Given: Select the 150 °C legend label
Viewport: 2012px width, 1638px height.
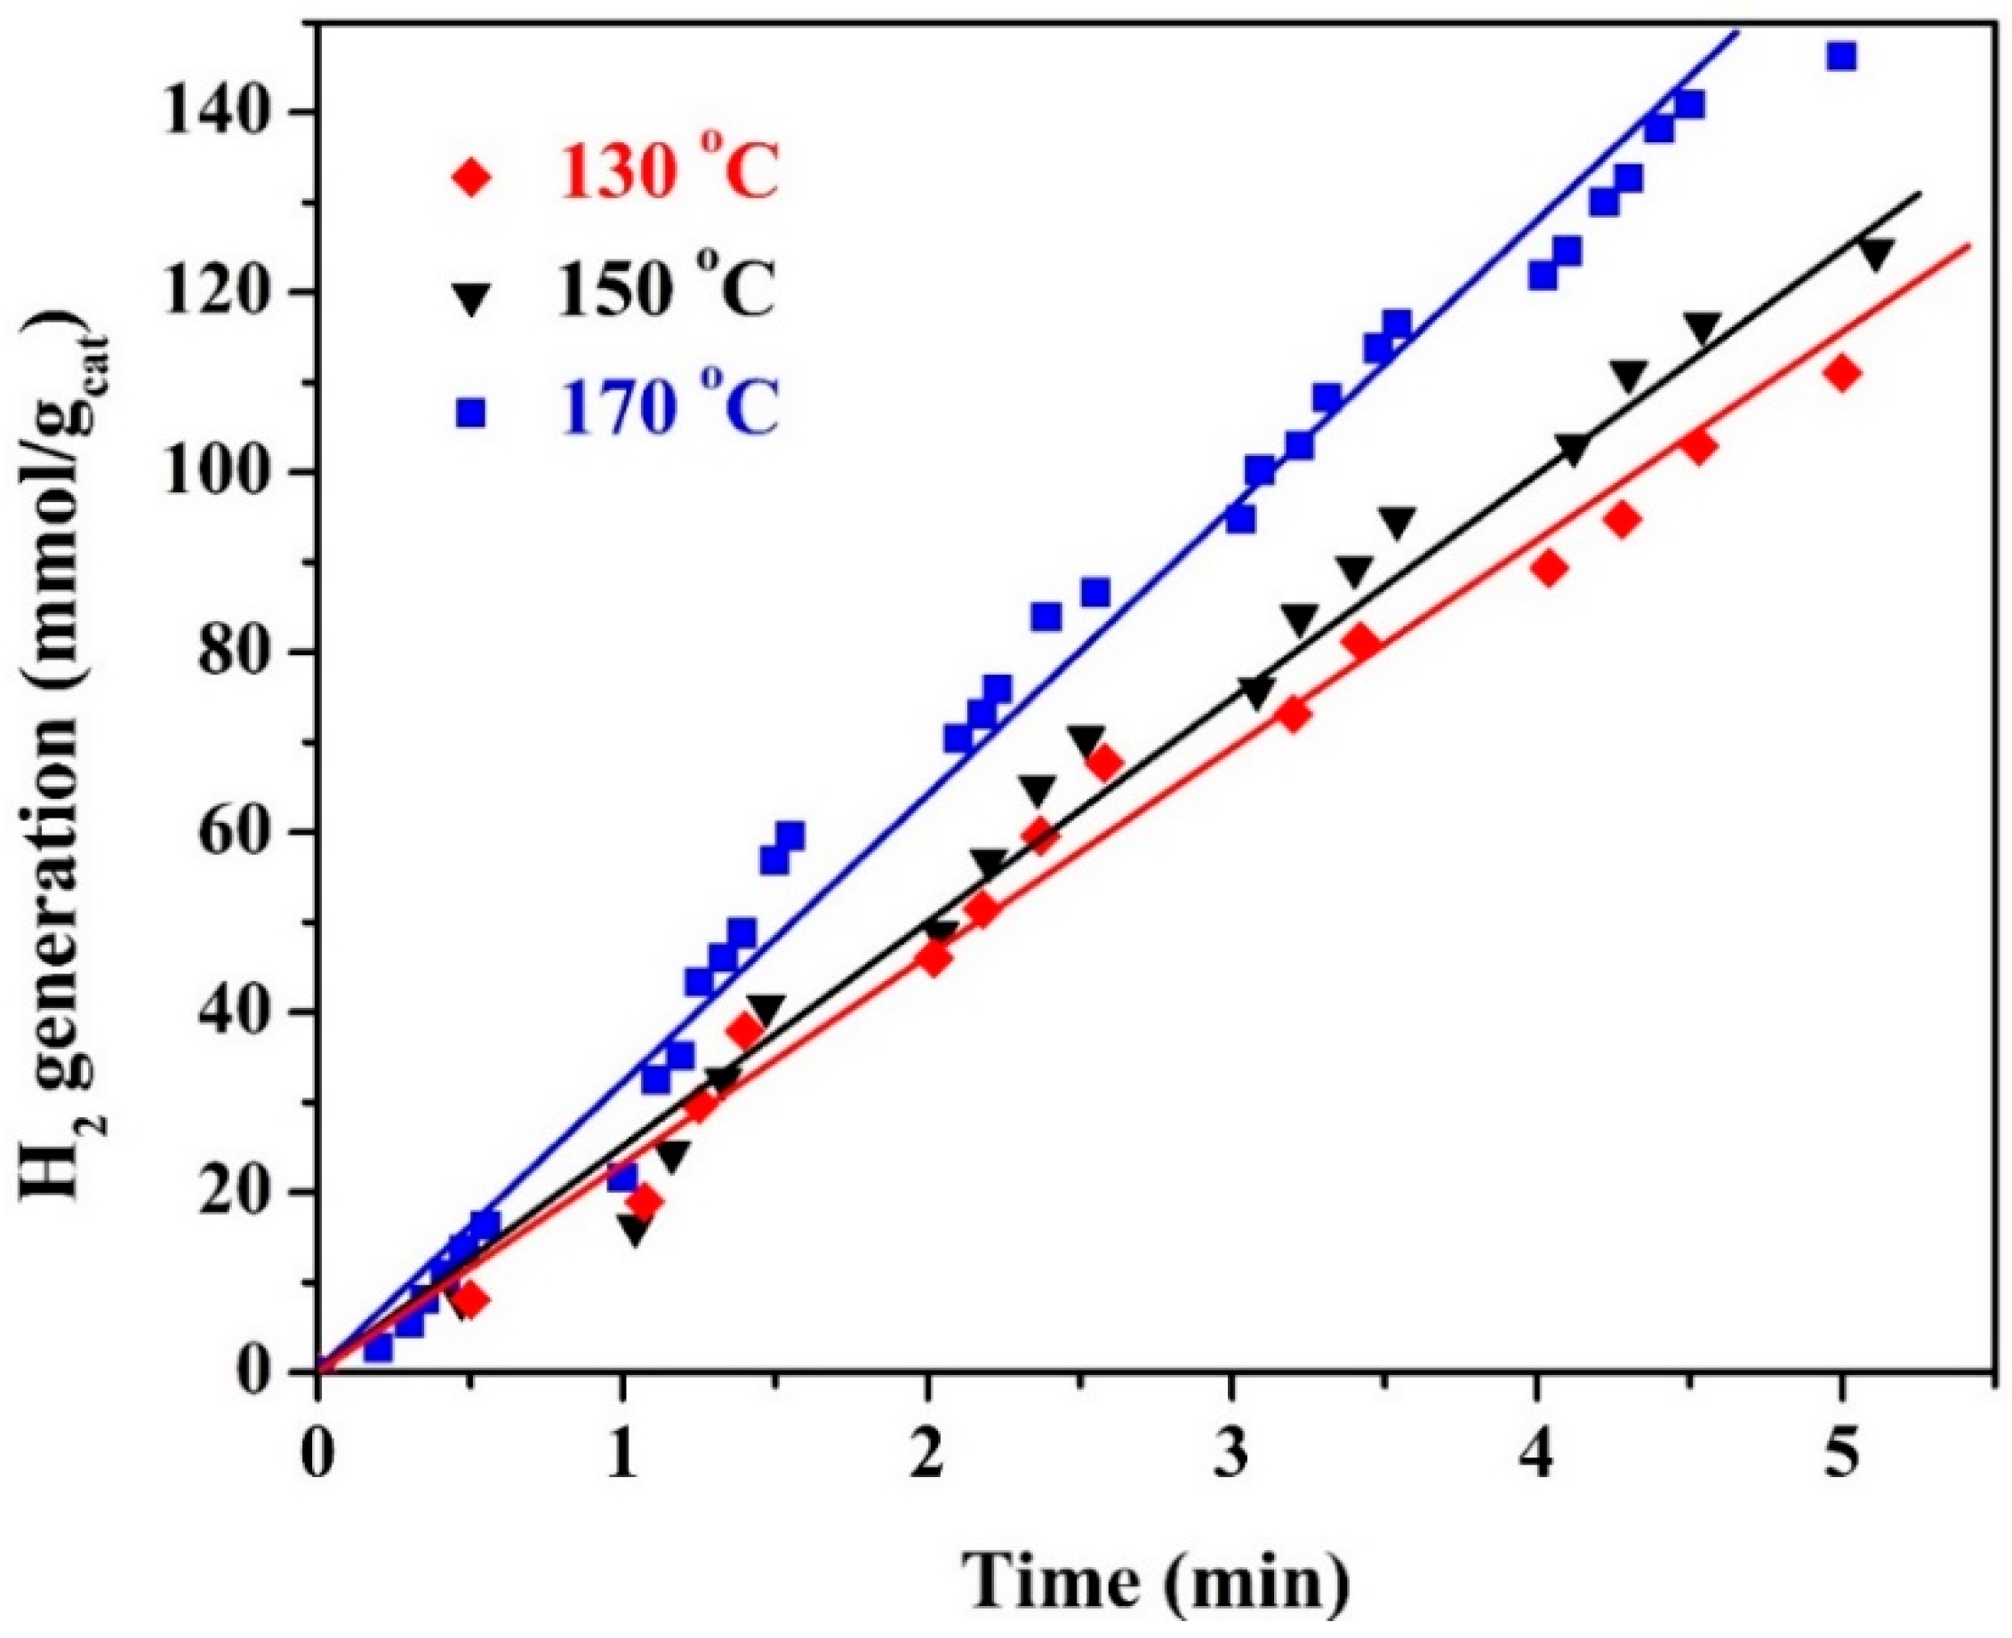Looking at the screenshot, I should pyautogui.click(x=667, y=291).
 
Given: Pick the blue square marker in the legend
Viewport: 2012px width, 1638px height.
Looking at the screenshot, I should pyautogui.click(x=470, y=412).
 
